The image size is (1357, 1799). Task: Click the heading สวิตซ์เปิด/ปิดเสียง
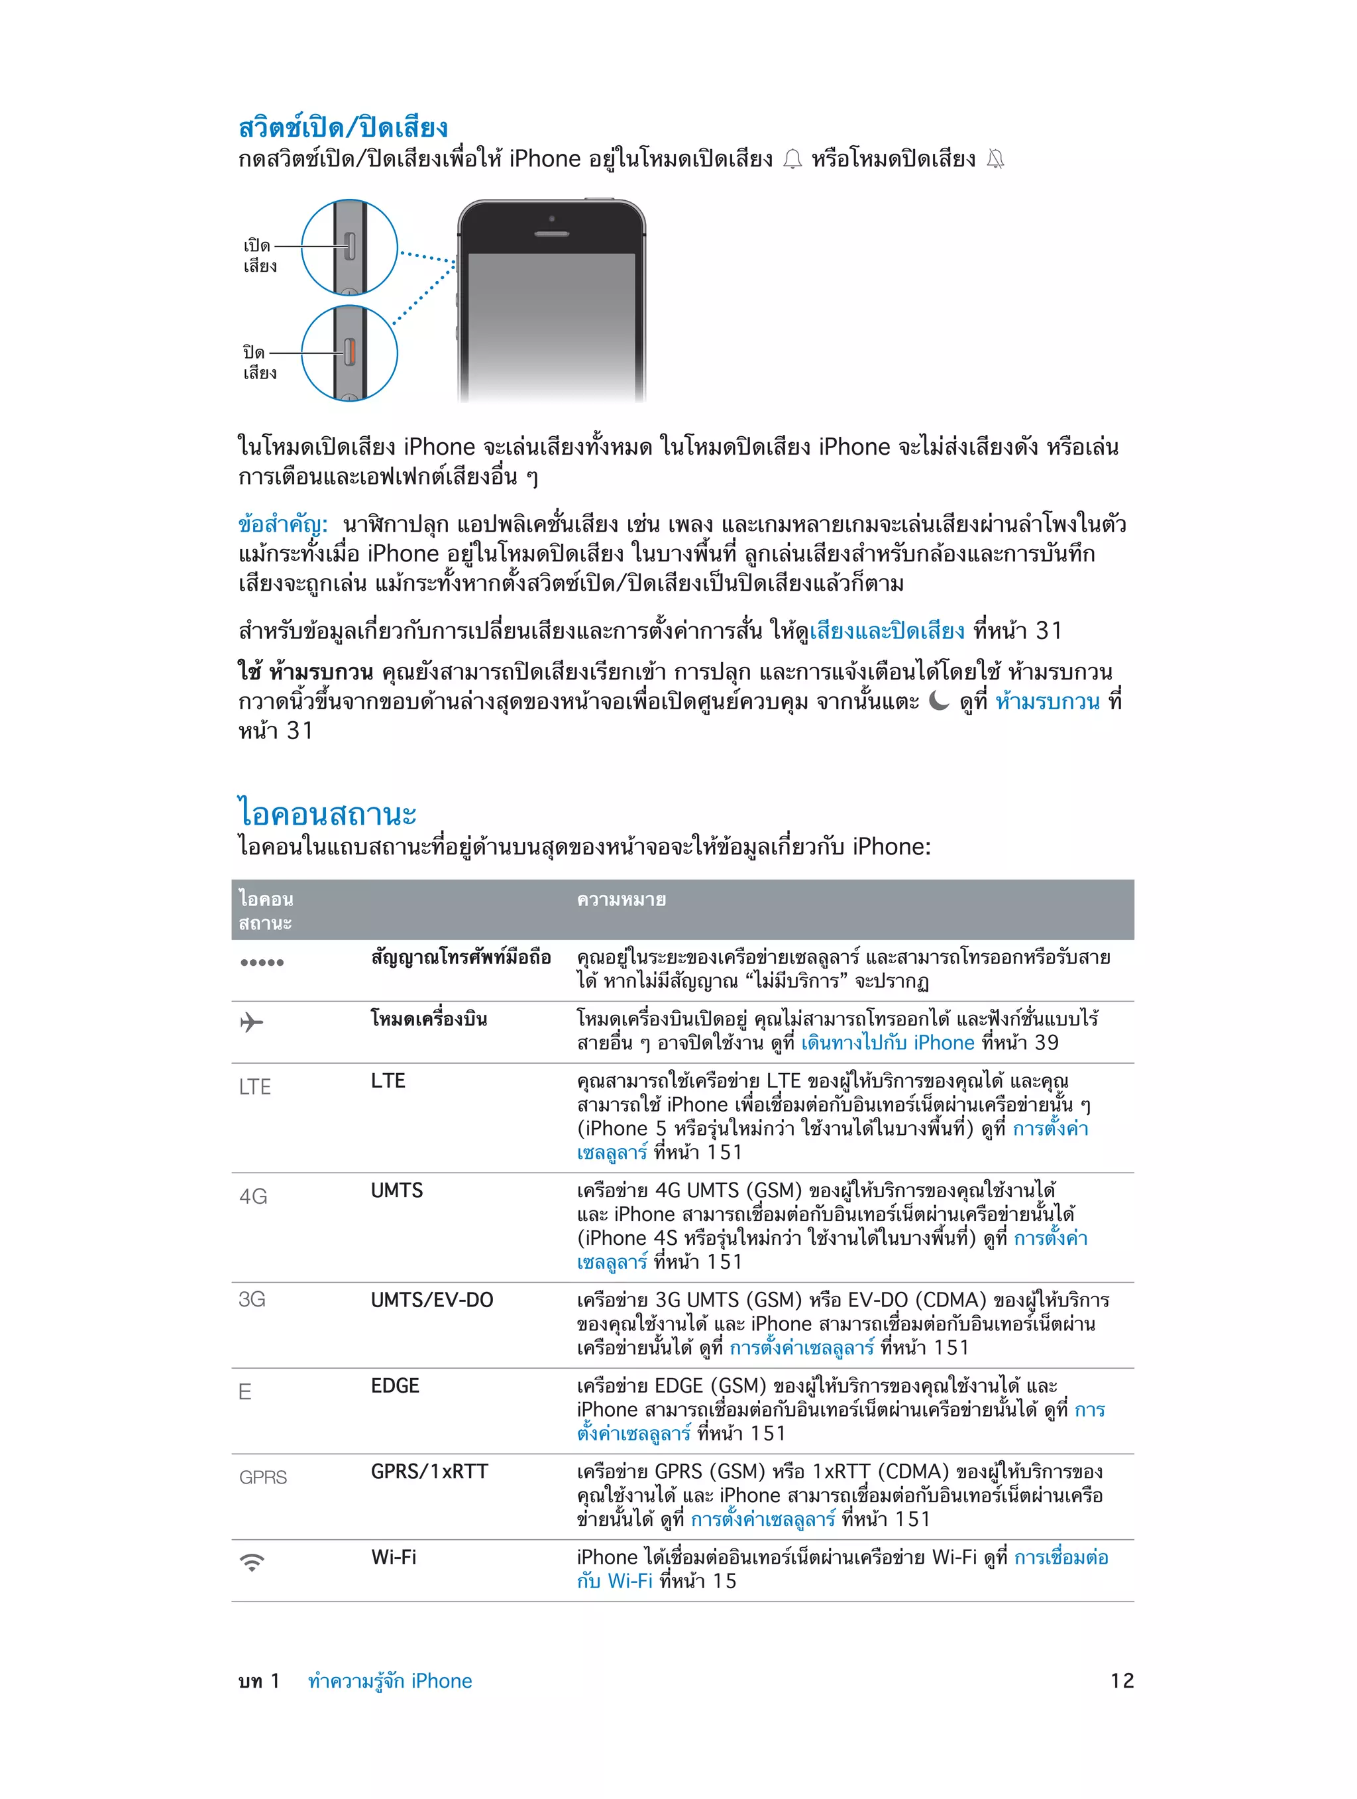343,129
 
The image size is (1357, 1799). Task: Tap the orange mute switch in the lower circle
351,352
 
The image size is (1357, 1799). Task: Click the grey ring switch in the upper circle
351,246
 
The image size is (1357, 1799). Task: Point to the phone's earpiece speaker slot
551,234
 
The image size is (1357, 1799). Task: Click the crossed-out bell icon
995,159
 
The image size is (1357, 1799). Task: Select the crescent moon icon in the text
938,701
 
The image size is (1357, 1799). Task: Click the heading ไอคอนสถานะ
327,813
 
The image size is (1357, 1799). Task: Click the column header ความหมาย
621,900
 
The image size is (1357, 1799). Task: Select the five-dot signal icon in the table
262,962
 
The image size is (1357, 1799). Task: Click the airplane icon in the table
252,1021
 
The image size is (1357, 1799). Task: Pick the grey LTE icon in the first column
254,1086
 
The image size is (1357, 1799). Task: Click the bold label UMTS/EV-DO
432,1300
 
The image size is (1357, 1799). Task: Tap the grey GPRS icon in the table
262,1477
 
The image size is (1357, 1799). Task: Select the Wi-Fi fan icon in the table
252,1562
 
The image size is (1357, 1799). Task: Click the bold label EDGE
395,1386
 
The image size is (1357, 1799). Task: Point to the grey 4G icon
253,1196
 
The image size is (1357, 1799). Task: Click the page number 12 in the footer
1121,1681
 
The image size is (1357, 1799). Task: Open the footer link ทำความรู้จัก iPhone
390,1681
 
